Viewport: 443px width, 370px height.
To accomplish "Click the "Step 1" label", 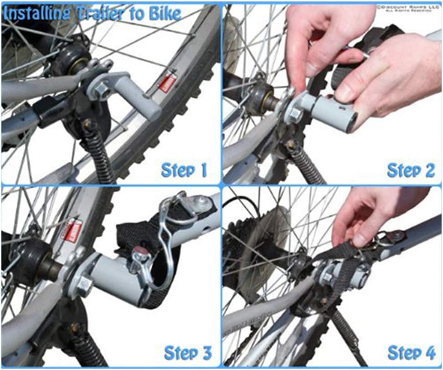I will [x=184, y=170].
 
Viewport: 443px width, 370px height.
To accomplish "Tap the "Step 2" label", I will [x=411, y=170].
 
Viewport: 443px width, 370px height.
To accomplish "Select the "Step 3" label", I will [x=187, y=352].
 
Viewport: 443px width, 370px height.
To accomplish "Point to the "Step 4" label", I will [x=411, y=352].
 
